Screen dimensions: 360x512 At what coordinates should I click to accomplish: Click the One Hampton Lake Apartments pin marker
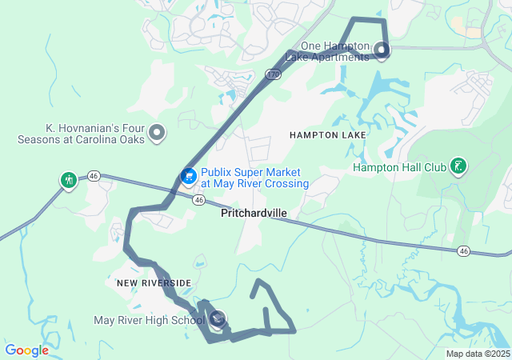tap(382, 51)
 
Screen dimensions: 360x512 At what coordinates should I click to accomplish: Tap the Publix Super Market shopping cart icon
tap(189, 175)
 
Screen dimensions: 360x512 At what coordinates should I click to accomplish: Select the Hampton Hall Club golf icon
tap(458, 166)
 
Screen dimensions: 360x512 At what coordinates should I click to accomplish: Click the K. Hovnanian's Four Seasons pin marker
tap(158, 132)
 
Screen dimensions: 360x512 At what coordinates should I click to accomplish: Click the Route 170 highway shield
tap(272, 74)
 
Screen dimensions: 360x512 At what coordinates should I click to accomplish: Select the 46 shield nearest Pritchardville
tap(198, 200)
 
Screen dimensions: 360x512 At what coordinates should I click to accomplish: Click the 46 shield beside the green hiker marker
tap(94, 175)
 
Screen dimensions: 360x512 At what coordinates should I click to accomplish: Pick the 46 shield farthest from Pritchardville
tap(463, 251)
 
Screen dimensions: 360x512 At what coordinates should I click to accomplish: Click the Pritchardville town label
tap(254, 214)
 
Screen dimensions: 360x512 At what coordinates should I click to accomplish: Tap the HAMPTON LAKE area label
tap(328, 135)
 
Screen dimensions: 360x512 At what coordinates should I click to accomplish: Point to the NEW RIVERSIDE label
tap(154, 283)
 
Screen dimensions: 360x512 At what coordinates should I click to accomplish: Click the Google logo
tap(26, 350)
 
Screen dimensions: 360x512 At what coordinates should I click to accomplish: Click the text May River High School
tap(149, 321)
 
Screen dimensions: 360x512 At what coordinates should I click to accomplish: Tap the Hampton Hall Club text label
tap(399, 168)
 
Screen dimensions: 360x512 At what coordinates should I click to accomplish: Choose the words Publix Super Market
tap(250, 172)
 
